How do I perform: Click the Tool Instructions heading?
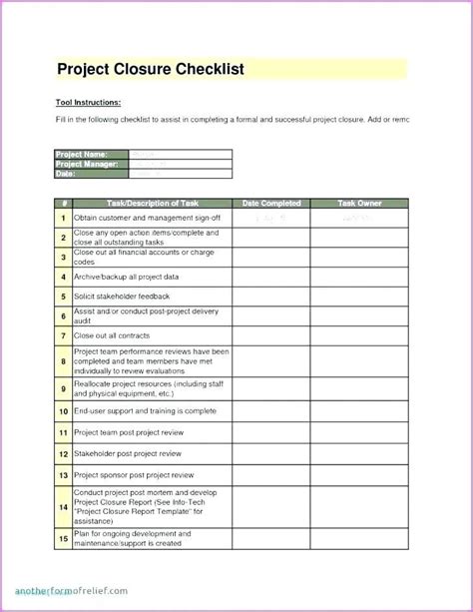[88, 102]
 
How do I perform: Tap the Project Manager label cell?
[88, 164]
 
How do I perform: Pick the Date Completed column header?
[271, 204]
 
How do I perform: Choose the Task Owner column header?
[359, 204]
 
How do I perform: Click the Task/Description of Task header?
[152, 204]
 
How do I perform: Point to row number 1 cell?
[62, 217]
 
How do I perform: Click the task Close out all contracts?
[114, 336]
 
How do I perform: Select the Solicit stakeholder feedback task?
[122, 297]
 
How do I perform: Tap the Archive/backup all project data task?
[127, 277]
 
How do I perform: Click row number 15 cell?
[62, 538]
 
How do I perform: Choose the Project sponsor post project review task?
[134, 475]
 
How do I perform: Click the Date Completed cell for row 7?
[271, 336]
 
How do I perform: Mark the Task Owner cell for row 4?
[359, 277]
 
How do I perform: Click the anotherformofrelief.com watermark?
[72, 590]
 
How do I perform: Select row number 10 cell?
[62, 410]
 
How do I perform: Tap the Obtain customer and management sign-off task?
[147, 217]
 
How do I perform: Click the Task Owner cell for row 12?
[359, 453]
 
